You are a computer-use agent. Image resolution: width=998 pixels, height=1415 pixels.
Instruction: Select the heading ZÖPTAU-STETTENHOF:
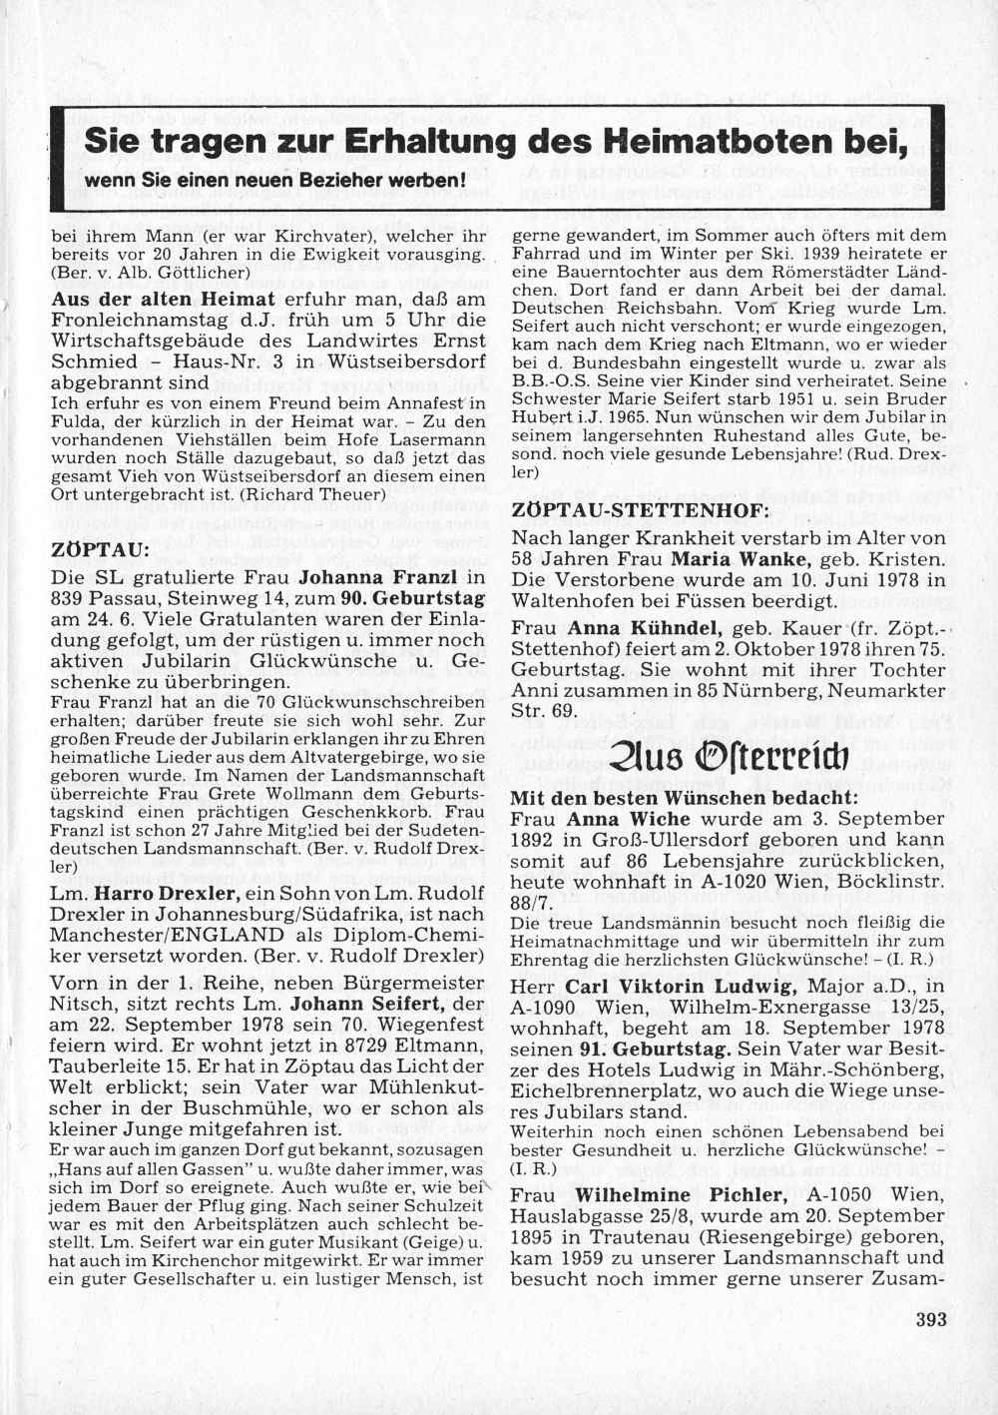tap(640, 509)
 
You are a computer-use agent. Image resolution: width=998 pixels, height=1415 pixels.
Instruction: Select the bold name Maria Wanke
tap(741, 559)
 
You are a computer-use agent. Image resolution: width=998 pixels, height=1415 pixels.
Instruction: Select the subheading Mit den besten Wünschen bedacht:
tap(683, 798)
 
